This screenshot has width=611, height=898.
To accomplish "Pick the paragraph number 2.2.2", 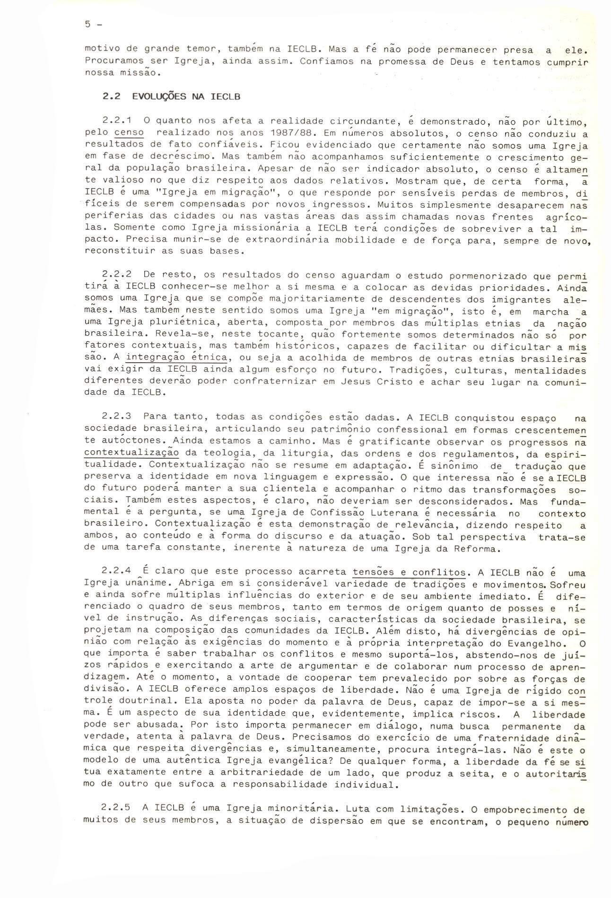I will tap(115, 275).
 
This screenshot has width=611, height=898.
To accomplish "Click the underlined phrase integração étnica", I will tap(177, 357).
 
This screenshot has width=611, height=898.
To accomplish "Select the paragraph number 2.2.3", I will tap(115, 417).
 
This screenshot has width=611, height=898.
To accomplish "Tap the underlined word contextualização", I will tap(131, 453).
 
